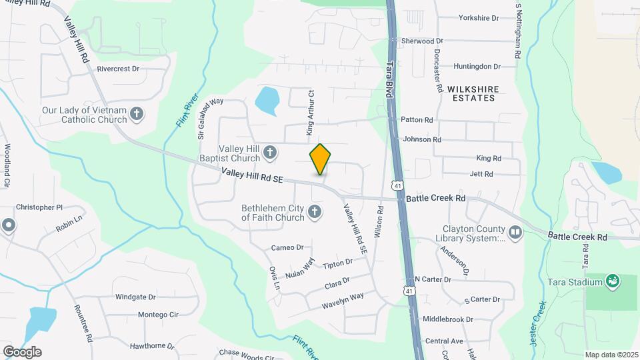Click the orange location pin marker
[x=320, y=159]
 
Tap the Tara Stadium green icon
[x=613, y=281]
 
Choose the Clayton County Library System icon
[x=515, y=233]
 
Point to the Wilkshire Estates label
[x=471, y=93]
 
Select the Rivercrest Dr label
[x=118, y=69]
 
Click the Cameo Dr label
[x=287, y=248]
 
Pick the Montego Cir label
[x=159, y=315]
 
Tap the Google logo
[x=22, y=351]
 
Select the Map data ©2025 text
[x=610, y=355]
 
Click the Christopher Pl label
[x=39, y=207]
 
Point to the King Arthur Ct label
[x=310, y=112]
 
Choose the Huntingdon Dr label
[x=477, y=67]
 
